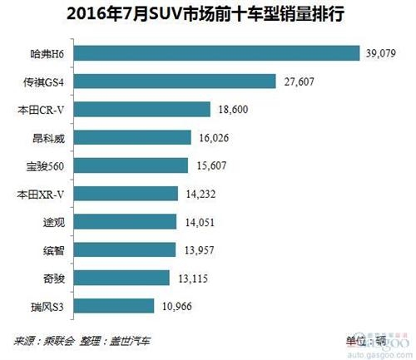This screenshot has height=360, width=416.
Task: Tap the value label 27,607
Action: click(x=297, y=81)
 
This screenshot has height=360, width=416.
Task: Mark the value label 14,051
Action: click(x=200, y=222)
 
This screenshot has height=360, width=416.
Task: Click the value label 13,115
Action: click(x=193, y=278)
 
